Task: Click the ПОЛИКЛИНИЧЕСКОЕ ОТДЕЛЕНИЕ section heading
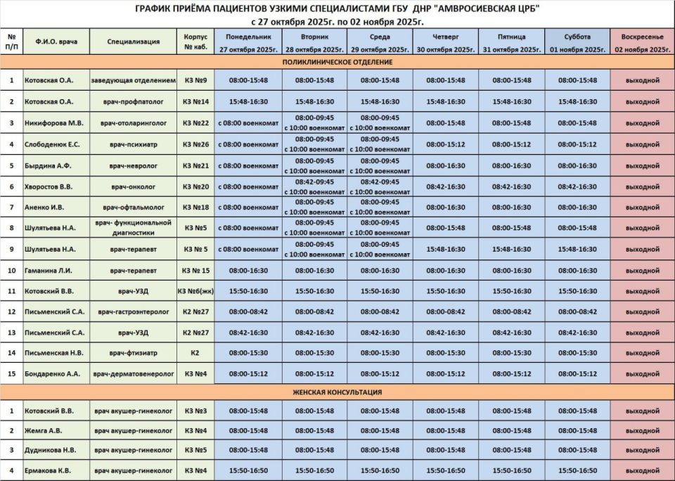337,63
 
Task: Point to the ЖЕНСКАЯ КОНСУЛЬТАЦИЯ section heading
337,392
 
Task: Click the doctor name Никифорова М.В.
53,122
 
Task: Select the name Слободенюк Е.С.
53,144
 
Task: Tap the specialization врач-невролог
134,165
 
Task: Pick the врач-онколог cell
134,186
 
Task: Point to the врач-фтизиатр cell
134,352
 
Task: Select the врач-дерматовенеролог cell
134,373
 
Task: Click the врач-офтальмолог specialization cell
134,207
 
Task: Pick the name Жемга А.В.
44,430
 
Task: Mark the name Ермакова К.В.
49,470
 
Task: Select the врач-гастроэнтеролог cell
134,311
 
